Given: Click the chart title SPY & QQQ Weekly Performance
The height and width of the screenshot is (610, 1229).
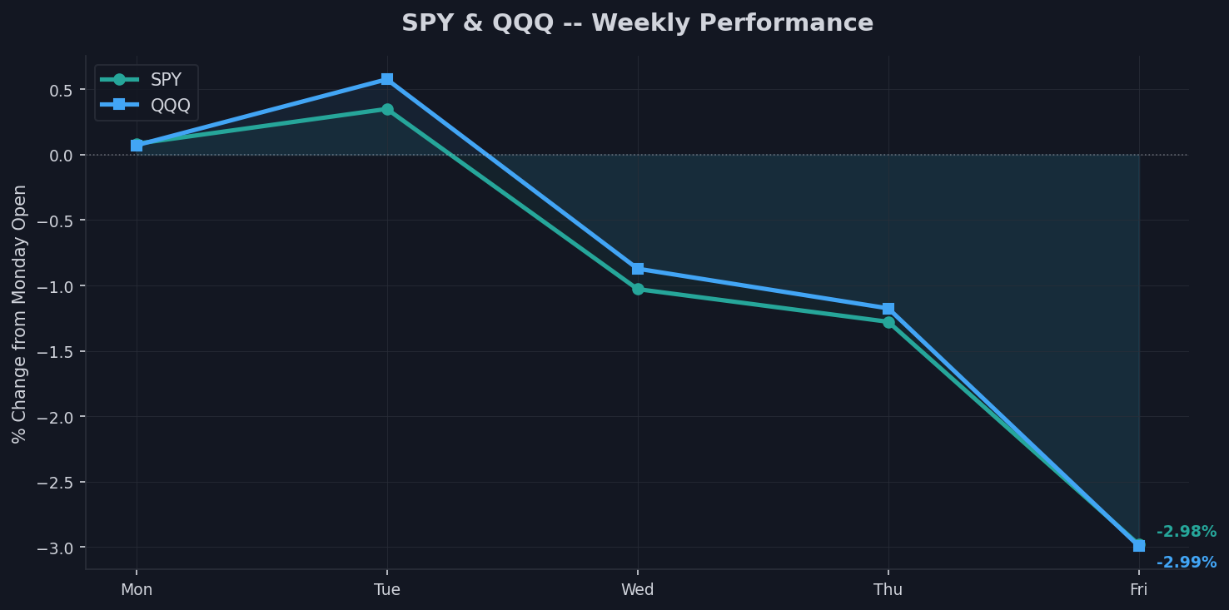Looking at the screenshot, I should [x=637, y=23].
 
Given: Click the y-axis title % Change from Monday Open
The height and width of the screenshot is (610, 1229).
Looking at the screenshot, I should [x=20, y=314].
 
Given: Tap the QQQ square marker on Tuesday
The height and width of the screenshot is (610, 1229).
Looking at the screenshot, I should [x=387, y=79].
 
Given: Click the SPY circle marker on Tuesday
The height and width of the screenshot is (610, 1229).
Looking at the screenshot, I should [x=387, y=109].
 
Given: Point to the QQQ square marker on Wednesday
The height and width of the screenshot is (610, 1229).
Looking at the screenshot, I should [x=638, y=269].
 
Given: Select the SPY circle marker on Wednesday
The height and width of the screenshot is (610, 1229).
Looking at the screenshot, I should [x=638, y=290].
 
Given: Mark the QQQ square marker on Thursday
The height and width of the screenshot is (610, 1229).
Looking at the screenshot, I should [x=888, y=309].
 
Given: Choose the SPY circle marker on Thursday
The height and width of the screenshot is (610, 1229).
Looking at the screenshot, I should [x=888, y=322].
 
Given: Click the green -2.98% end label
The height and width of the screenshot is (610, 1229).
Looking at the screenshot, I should [x=1186, y=532].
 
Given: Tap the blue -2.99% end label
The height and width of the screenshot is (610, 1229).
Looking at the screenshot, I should [x=1186, y=563].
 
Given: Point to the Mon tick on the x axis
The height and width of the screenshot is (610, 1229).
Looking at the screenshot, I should [x=137, y=590].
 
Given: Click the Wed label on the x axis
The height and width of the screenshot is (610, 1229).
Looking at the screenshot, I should [x=638, y=590].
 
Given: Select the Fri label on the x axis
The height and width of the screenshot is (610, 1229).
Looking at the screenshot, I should [x=1138, y=590].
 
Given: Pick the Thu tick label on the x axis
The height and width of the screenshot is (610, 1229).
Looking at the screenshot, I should [x=888, y=590].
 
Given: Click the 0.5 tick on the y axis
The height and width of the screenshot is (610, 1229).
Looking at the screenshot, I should [x=62, y=90].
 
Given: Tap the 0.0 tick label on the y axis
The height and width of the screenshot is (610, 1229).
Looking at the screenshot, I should [x=62, y=156].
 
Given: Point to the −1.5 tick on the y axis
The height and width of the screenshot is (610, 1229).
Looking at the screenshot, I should [x=57, y=352].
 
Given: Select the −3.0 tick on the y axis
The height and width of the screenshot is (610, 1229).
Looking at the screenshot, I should [x=57, y=548].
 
